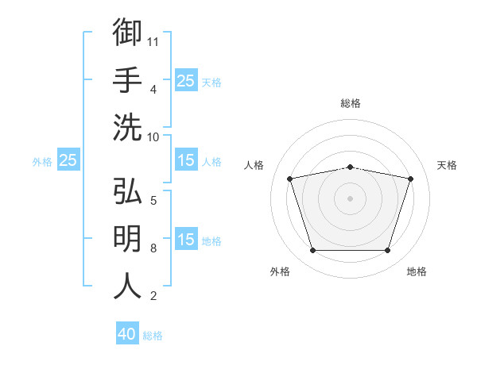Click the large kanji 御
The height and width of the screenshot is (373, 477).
(127, 32)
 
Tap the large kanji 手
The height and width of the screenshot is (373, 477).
(127, 79)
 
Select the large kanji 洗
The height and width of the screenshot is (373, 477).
(127, 127)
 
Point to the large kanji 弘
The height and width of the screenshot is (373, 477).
(127, 190)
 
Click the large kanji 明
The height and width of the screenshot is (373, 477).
(127, 238)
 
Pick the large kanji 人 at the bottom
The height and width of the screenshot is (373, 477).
(127, 286)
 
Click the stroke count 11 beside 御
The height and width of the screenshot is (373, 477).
(153, 42)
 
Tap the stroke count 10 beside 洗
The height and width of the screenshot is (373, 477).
(153, 137)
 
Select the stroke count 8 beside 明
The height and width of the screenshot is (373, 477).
(153, 248)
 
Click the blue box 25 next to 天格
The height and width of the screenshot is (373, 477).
(186, 80)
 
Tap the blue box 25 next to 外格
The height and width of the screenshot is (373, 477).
(68, 160)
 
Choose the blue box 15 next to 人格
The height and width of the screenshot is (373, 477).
(186, 160)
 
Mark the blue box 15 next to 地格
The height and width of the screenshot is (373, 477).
(186, 238)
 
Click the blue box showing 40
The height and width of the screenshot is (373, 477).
(127, 333)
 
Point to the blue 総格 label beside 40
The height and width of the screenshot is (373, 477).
(153, 336)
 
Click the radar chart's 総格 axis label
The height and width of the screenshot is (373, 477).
(351, 103)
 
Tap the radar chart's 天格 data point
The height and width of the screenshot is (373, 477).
(410, 179)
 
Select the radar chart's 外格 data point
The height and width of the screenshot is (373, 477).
(313, 250)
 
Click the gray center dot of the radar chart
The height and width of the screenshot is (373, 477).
(350, 198)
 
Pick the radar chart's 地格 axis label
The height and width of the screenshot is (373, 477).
(417, 271)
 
